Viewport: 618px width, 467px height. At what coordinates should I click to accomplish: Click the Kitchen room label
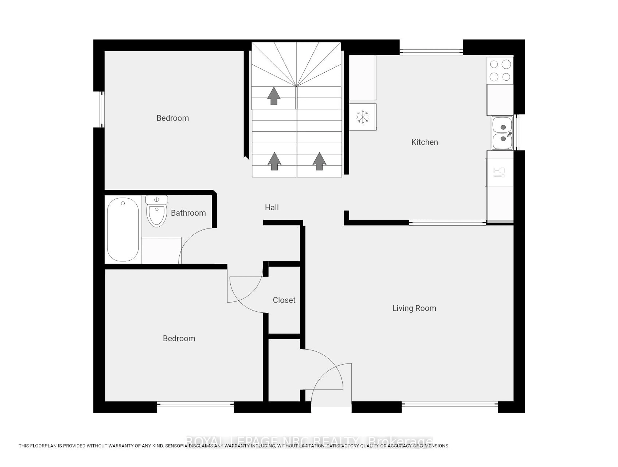coord(424,142)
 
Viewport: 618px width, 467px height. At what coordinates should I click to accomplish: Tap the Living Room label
coord(414,308)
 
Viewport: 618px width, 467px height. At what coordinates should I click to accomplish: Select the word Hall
coord(272,207)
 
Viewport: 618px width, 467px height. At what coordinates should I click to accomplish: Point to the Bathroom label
coord(188,213)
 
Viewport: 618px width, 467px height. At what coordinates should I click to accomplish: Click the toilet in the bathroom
coord(157,213)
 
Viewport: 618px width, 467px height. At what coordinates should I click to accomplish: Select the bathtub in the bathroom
coord(123,229)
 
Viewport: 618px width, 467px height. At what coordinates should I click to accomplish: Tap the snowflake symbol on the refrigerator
coord(363,117)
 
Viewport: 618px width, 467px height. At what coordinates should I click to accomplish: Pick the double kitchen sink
coord(502,133)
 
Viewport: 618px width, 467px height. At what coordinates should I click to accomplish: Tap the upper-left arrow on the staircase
coord(274,96)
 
